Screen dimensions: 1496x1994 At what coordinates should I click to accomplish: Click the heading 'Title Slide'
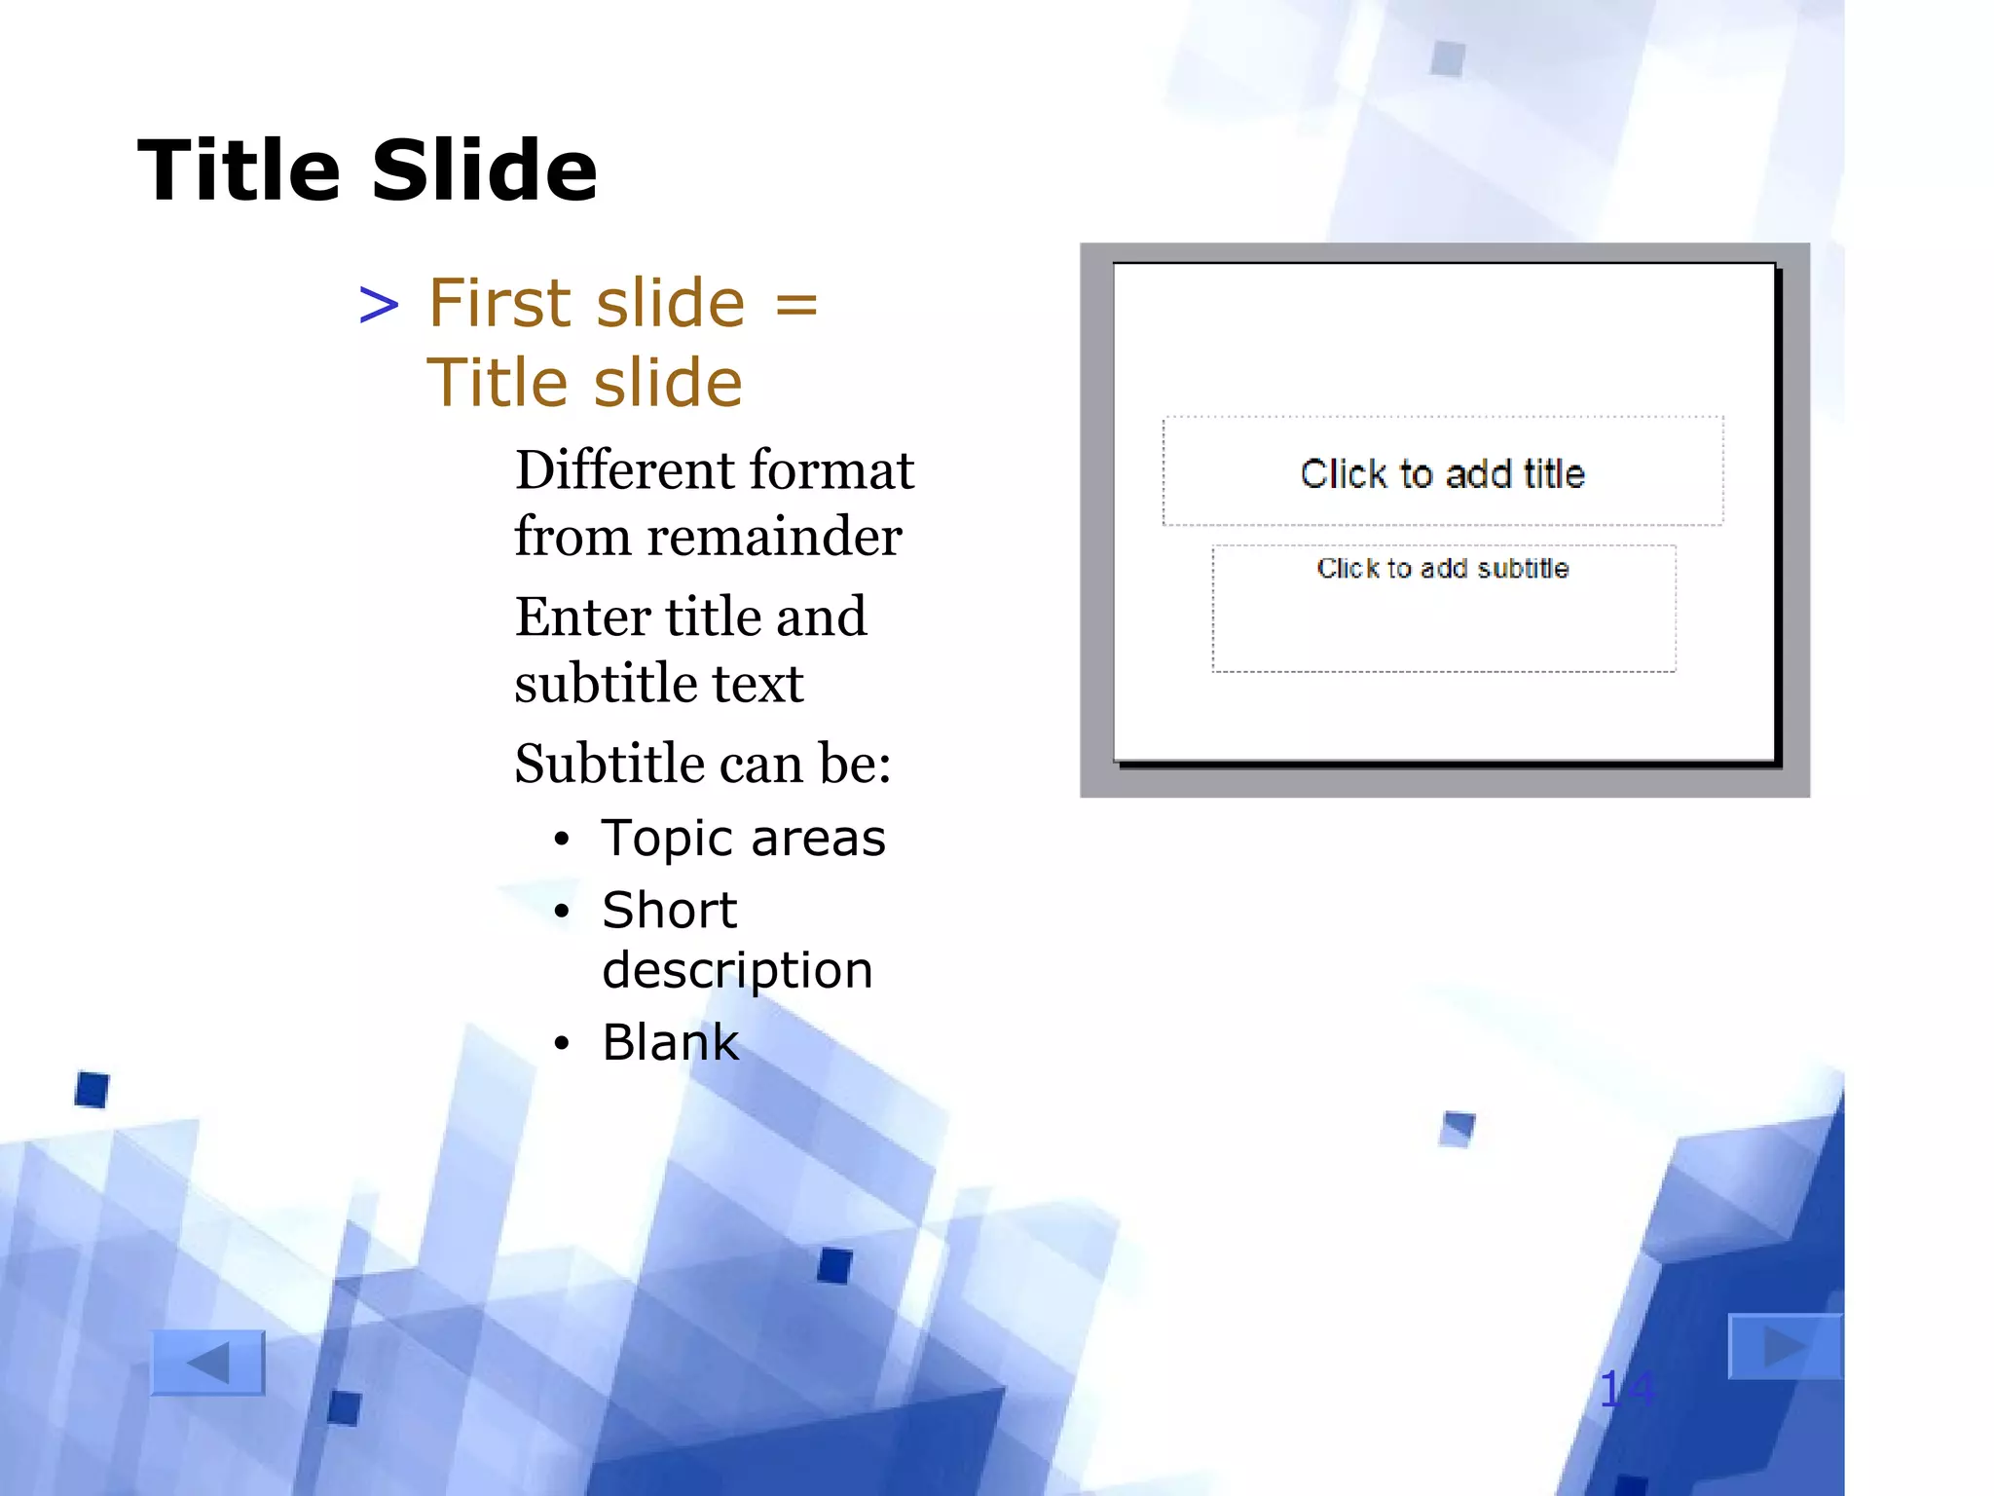pos(367,170)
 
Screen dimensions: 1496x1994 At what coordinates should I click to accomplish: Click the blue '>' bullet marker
pos(379,305)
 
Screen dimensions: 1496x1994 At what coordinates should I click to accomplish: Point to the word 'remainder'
pos(774,537)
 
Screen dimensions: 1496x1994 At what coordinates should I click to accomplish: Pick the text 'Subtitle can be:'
pos(702,764)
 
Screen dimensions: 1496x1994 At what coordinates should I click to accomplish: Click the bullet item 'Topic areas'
pos(743,839)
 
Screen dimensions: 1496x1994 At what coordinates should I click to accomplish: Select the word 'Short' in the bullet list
pos(670,911)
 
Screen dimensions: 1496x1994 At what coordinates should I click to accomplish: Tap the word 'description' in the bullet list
pos(737,971)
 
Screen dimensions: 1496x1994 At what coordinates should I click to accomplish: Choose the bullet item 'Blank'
pos(671,1043)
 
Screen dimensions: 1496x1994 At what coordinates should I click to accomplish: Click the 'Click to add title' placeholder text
pos(1442,474)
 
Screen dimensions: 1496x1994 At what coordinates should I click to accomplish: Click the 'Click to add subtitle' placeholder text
pos(1442,569)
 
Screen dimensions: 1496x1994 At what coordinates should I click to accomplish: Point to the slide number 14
pos(1626,1389)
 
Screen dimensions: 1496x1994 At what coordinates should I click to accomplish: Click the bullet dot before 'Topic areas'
pos(561,841)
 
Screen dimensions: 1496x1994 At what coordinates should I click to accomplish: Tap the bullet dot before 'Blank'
pos(561,1044)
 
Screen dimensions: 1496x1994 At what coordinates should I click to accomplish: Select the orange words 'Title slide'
pos(584,382)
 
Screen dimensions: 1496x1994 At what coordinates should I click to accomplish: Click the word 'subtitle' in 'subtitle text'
pos(604,684)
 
